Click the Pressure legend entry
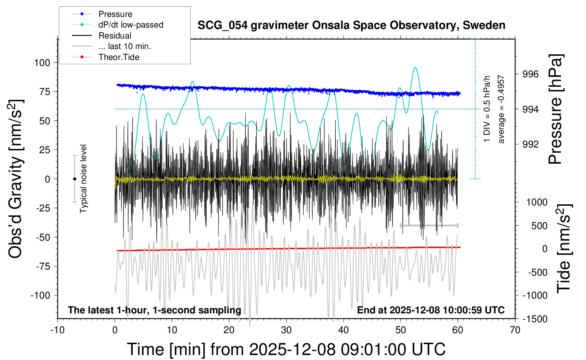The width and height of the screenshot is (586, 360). (115, 14)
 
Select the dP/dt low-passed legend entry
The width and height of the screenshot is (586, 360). (131, 25)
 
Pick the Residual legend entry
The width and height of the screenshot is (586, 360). (115, 36)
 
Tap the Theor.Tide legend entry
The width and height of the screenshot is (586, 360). (119, 57)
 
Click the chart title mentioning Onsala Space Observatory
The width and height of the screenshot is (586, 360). (351, 25)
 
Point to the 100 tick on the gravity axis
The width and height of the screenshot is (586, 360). (42, 63)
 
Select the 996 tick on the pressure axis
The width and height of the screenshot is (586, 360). (531, 74)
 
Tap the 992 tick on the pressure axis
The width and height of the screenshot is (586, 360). (531, 144)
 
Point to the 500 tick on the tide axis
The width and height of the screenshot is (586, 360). (539, 226)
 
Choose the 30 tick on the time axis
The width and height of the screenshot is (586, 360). (286, 330)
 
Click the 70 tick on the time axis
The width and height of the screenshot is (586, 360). (515, 330)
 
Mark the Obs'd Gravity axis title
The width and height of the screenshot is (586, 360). (16, 179)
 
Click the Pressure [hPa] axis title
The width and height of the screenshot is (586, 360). (556, 109)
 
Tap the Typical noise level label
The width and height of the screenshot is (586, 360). (83, 179)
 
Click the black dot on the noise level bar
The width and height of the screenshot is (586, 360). (74, 179)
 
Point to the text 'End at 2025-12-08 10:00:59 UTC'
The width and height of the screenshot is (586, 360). (431, 310)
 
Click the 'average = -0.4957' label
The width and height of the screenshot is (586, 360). (501, 109)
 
